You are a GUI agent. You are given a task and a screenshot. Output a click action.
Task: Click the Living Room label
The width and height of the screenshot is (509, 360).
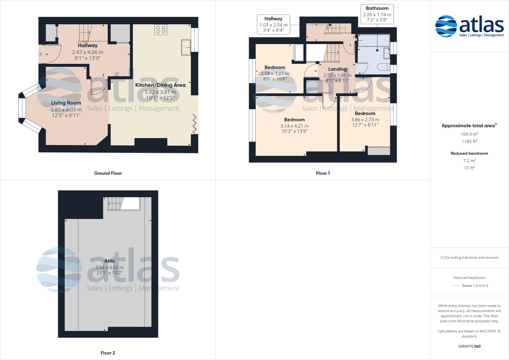[x=66, y=103]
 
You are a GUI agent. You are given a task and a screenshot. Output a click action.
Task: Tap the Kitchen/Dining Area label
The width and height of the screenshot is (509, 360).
[x=160, y=85]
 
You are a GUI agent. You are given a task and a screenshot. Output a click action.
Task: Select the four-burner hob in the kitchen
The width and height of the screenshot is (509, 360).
[x=161, y=30]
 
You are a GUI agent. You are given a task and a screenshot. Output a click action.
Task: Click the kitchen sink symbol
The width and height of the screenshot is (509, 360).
[x=186, y=47]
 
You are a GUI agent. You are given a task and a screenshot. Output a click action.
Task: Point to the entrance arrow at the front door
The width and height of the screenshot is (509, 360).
[x=40, y=54]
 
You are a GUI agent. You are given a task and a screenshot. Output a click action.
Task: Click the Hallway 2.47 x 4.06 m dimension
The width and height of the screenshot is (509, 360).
[x=88, y=52]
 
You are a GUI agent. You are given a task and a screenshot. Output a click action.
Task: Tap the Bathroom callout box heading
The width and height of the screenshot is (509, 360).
[x=377, y=8]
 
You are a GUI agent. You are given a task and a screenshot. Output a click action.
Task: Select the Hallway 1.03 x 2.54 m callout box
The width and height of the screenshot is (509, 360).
[x=273, y=25]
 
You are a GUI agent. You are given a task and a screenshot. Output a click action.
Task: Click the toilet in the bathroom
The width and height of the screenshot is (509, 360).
[x=383, y=67]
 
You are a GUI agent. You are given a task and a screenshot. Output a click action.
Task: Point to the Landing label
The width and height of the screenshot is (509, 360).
[x=338, y=69]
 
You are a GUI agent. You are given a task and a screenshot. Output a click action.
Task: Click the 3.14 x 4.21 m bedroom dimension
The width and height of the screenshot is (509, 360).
[x=295, y=126]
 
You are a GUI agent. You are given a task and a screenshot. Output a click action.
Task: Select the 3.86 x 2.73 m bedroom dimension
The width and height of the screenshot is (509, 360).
[x=365, y=120]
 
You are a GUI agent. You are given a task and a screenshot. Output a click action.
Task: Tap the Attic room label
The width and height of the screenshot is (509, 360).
[x=109, y=261]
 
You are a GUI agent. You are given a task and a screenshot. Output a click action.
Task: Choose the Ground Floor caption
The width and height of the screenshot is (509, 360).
[x=108, y=173]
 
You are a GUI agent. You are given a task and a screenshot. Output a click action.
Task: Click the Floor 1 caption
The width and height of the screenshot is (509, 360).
[x=323, y=173]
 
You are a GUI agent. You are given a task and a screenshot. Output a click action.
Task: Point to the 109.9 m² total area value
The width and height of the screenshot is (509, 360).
[x=469, y=134]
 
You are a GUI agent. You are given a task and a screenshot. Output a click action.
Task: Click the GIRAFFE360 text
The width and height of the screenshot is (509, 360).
[x=469, y=346]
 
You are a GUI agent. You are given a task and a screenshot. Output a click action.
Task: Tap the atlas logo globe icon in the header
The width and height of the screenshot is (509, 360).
[x=446, y=26]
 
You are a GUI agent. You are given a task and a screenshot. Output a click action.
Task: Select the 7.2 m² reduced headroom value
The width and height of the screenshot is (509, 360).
[x=469, y=161]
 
